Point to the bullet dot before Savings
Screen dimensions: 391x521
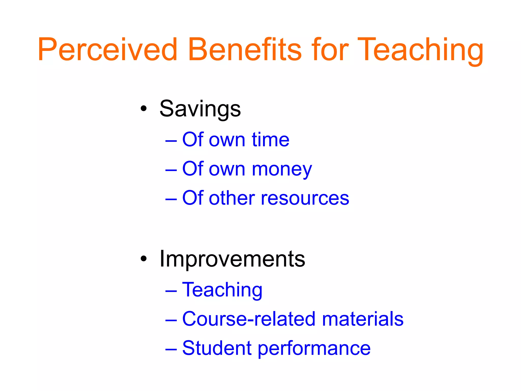click(x=143, y=109)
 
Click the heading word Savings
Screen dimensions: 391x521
click(x=200, y=109)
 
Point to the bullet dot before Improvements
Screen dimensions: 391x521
click(x=143, y=259)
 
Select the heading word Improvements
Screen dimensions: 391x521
click(x=232, y=259)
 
